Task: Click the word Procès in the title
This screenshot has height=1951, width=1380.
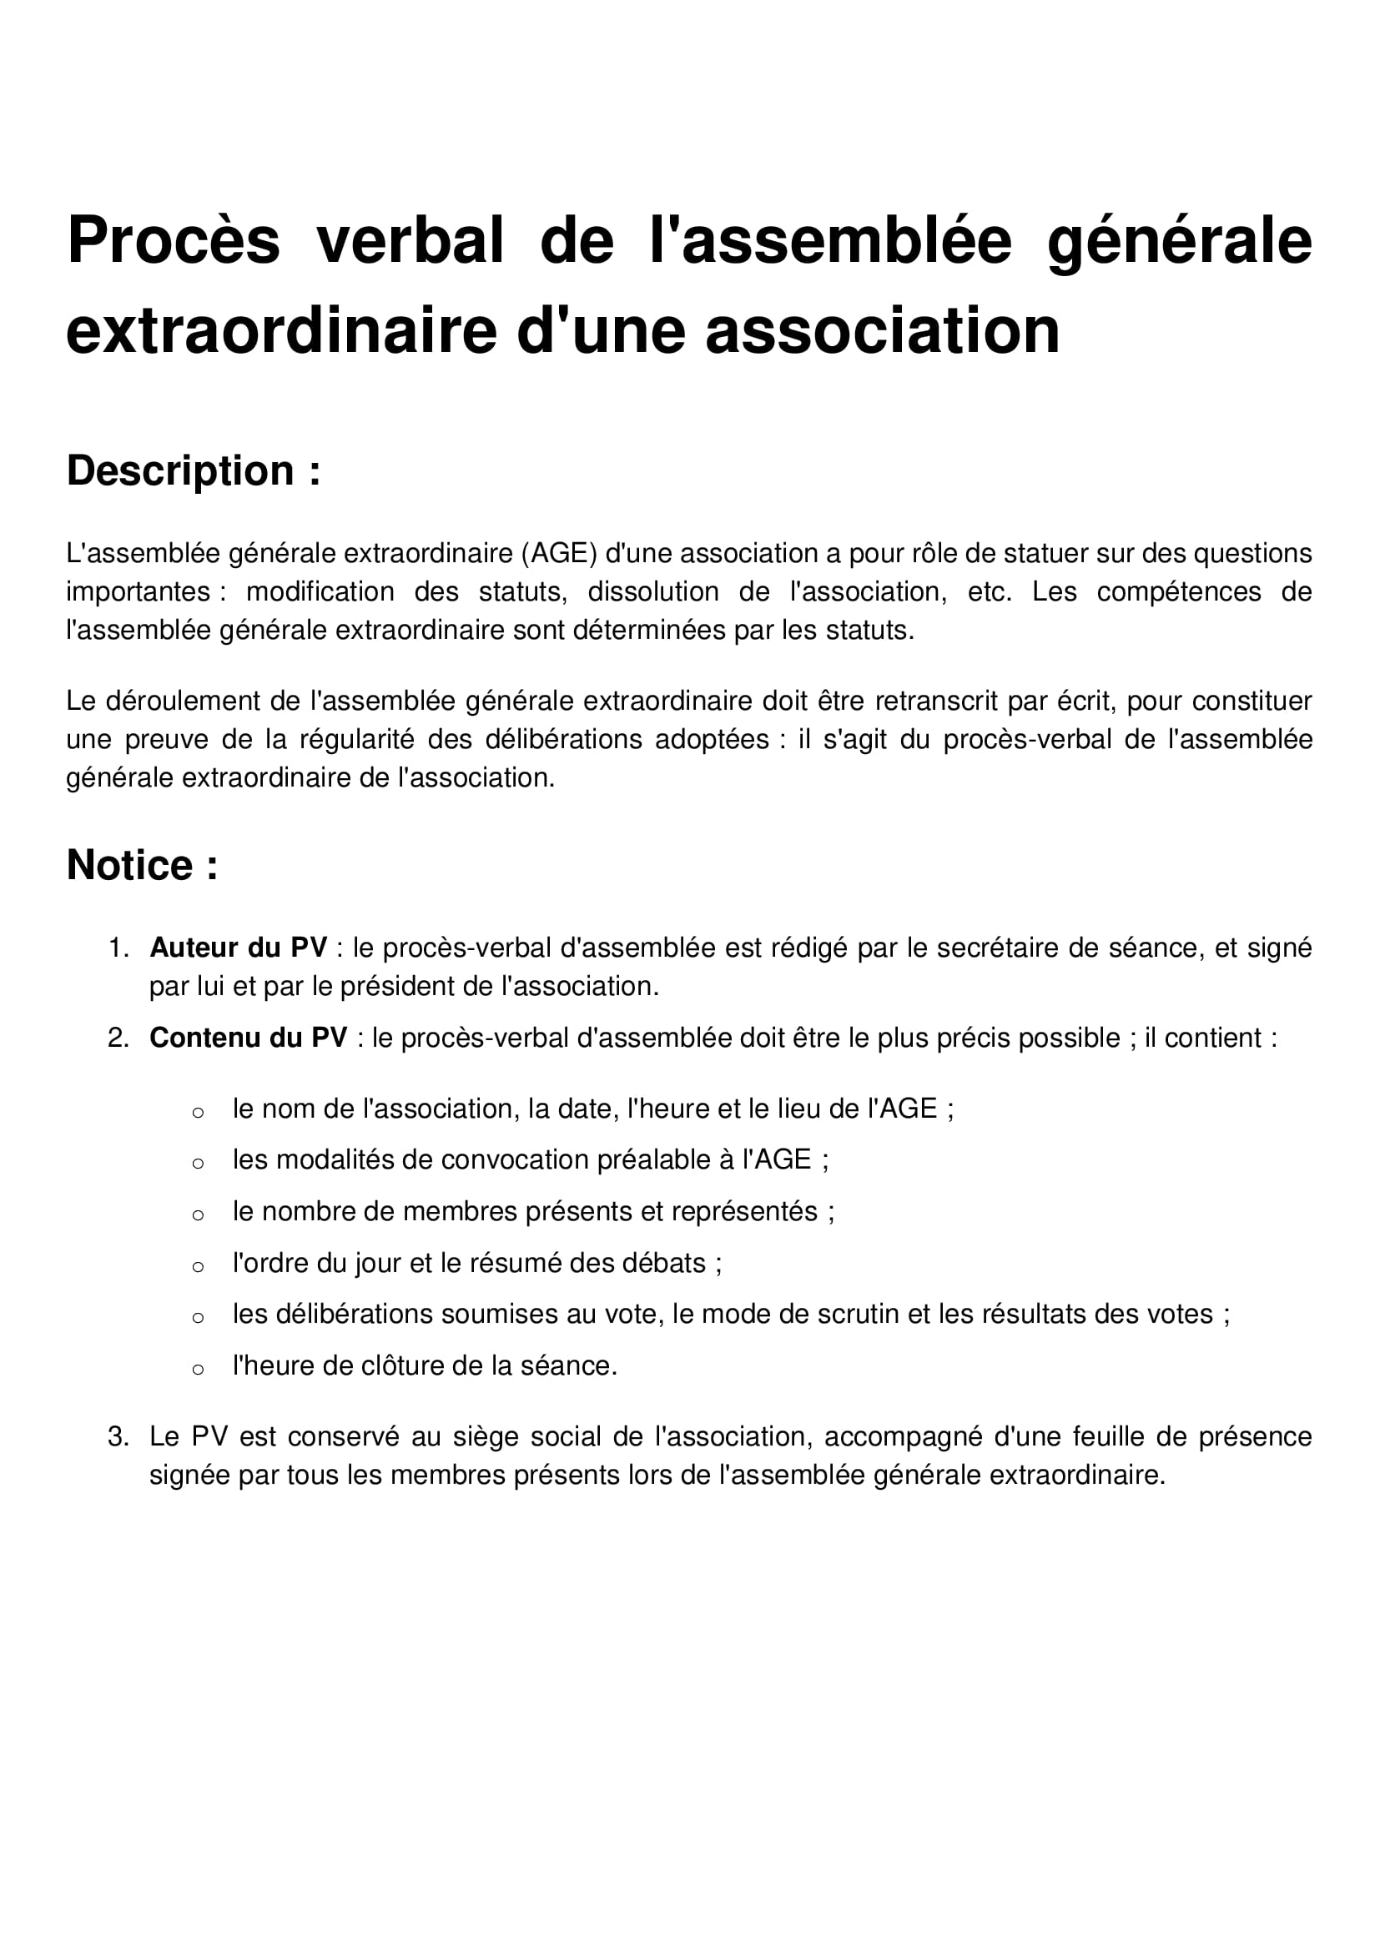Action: click(173, 240)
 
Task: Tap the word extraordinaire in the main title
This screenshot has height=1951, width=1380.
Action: click(281, 330)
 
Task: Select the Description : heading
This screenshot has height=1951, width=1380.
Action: click(194, 470)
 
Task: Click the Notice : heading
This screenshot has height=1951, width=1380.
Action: click(142, 865)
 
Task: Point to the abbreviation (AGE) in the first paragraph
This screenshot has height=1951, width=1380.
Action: click(559, 553)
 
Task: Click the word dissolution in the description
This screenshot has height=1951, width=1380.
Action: click(652, 591)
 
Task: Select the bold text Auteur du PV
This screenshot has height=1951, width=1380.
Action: click(238, 948)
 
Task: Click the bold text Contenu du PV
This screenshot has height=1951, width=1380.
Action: click(248, 1038)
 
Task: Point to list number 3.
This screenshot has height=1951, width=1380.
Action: click(118, 1437)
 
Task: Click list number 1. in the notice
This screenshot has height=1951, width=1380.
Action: click(118, 948)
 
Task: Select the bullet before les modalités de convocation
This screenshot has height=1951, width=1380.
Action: click(198, 1164)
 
